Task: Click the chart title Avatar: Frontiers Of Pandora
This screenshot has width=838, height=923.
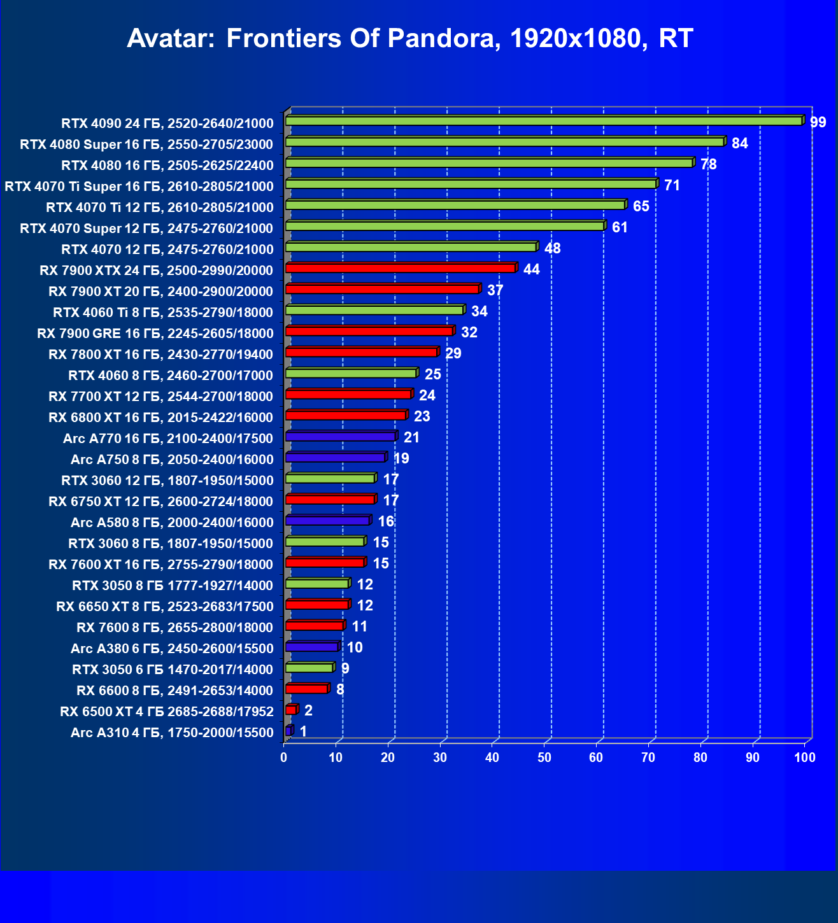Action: click(x=410, y=39)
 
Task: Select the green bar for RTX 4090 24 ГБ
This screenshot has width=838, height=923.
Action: click(x=543, y=121)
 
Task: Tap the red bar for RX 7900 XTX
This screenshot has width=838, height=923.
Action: click(x=400, y=268)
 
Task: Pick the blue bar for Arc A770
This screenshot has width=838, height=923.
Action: click(x=340, y=437)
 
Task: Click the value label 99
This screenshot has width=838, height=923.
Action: click(x=818, y=122)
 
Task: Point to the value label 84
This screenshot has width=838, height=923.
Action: click(x=739, y=143)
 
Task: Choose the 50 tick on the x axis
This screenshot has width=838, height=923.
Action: click(x=544, y=757)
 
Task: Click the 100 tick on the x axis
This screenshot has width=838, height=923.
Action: click(x=805, y=757)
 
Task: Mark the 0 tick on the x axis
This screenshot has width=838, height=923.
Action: click(x=284, y=757)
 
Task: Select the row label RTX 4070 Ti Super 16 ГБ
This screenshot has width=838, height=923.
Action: click(x=139, y=187)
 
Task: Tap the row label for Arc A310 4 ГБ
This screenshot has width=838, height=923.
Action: click(x=172, y=733)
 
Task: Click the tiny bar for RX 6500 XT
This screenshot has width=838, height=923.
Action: click(x=291, y=710)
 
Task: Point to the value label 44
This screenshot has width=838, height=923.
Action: click(x=531, y=269)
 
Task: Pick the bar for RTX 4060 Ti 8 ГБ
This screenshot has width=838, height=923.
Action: click(x=374, y=310)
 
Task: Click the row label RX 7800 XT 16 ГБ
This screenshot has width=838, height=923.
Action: click(x=160, y=355)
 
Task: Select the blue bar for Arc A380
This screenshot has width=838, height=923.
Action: click(x=311, y=647)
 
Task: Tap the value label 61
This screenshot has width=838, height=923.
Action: click(x=620, y=227)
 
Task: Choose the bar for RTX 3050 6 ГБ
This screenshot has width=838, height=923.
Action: click(x=309, y=668)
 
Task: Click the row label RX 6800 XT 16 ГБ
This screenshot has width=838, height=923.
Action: click(x=160, y=418)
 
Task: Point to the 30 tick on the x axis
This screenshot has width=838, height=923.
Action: click(x=440, y=757)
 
